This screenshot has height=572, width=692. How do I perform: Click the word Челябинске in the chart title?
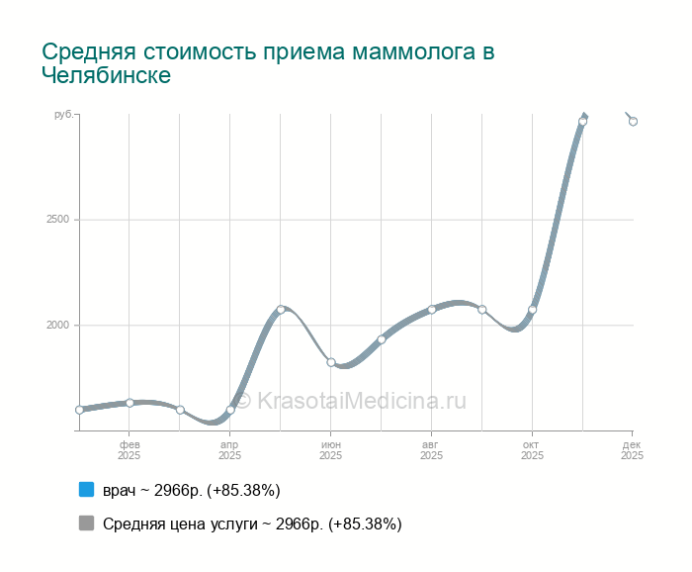(x=107, y=76)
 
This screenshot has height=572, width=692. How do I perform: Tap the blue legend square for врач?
(x=86, y=490)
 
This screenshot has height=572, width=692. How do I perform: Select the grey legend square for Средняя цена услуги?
(x=86, y=524)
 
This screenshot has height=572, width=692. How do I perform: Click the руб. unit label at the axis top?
(x=62, y=116)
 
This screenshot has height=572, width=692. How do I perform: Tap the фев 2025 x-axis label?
(x=130, y=450)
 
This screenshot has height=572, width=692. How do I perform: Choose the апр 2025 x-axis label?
(x=230, y=450)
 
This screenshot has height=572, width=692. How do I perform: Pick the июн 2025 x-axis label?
(x=331, y=450)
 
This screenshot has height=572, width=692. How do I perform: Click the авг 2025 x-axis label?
(x=432, y=450)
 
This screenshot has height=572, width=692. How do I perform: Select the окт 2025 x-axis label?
(x=533, y=450)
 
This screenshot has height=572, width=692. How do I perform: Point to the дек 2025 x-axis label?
(x=633, y=450)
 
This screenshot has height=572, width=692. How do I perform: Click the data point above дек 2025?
(x=633, y=122)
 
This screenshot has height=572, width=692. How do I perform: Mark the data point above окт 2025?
(x=533, y=310)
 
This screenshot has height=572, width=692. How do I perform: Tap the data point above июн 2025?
(x=331, y=362)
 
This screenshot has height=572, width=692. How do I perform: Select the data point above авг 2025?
(x=432, y=310)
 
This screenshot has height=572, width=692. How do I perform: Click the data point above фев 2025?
(x=130, y=403)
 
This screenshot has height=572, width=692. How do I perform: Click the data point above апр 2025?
(x=230, y=410)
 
